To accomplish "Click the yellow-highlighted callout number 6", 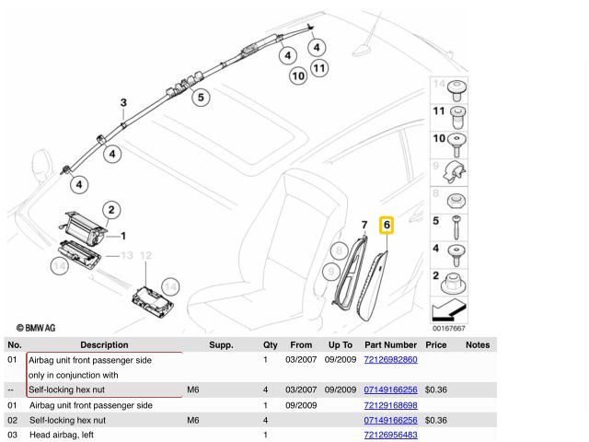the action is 387,225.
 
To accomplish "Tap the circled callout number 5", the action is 201,98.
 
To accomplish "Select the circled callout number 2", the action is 111,210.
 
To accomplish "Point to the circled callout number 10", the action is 298,76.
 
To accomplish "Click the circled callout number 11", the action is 319,68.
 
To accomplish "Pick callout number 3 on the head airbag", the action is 123,102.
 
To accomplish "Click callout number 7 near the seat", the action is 364,225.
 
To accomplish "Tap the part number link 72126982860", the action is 390,360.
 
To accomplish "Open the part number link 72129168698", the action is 390,405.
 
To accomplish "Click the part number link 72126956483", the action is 390,435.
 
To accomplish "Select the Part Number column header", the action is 390,344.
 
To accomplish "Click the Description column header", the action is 104,344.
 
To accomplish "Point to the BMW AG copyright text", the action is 36,328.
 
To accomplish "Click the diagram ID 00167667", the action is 448,328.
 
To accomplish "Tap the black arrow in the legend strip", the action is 448,309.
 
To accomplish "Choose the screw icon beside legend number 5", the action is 456,227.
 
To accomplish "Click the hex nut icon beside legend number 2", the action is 454,284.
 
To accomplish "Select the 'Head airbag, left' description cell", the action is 62,435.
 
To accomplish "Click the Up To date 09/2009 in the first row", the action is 341,360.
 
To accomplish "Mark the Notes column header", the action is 478,344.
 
